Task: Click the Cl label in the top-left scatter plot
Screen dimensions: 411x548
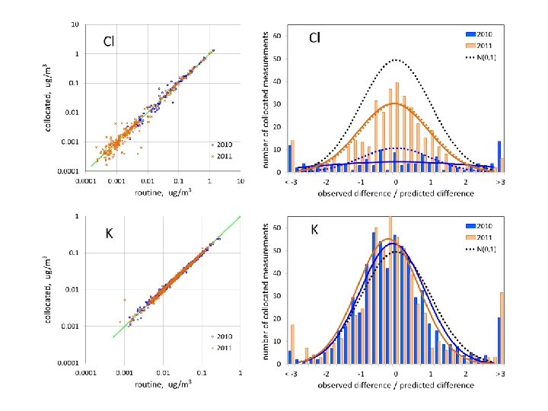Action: coord(110,41)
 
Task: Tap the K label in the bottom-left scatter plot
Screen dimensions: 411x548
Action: coord(109,234)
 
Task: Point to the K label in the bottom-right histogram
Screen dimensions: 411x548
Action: coord(314,230)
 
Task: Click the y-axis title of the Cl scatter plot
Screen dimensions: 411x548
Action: coord(49,98)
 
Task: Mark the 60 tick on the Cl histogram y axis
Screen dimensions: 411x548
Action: coord(279,37)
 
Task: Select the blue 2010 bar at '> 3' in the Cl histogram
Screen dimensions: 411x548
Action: coord(499,156)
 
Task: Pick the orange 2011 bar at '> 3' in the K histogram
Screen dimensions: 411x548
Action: coord(502,327)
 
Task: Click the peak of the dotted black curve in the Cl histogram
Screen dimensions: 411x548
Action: coord(396,59)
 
